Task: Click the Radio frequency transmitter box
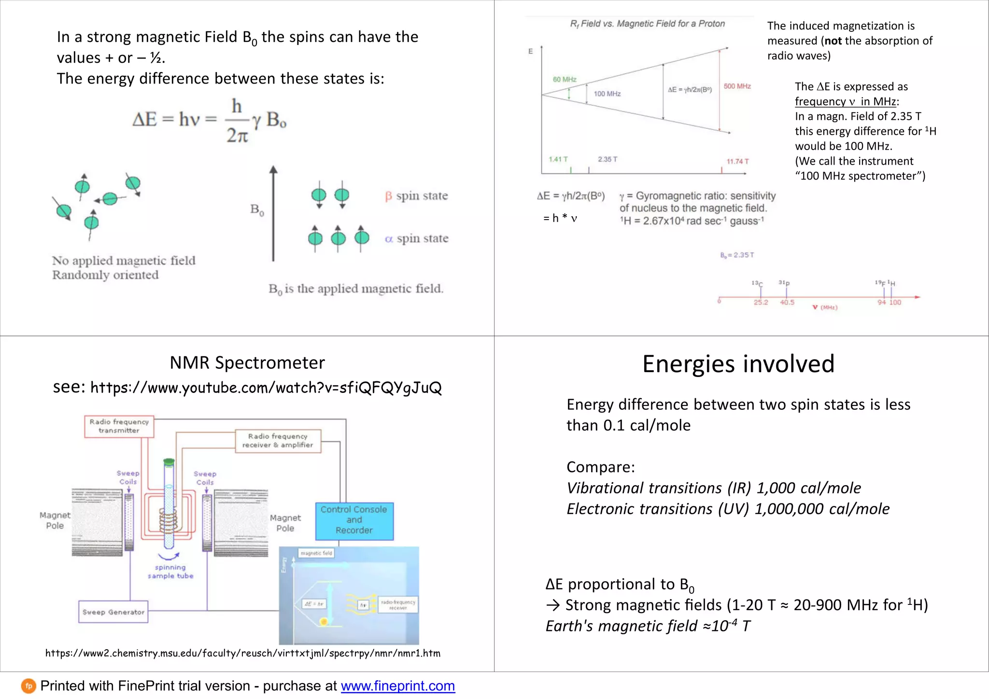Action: coord(119,426)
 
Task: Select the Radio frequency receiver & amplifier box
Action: coord(278,441)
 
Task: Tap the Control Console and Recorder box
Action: coord(354,520)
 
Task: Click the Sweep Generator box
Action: coord(113,612)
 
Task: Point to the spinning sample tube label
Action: coord(170,572)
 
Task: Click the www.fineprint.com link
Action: coord(397,686)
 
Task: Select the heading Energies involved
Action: coord(738,364)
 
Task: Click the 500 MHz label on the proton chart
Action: coord(737,86)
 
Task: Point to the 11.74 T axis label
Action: coord(737,161)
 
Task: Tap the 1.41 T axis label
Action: coord(558,159)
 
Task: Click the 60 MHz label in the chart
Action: coord(565,80)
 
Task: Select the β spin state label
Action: coord(416,196)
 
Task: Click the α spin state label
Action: coord(416,238)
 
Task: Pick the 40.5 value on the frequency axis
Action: coord(787,303)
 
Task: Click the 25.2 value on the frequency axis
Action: coord(761,303)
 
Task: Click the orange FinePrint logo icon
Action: coord(28,686)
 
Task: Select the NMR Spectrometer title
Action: coord(247,363)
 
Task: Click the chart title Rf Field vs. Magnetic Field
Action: coord(647,24)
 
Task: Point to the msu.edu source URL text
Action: coord(242,653)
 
